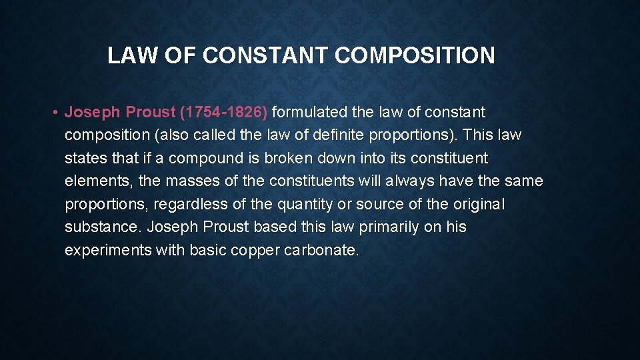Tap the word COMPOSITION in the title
(415, 55)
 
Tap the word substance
(102, 227)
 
